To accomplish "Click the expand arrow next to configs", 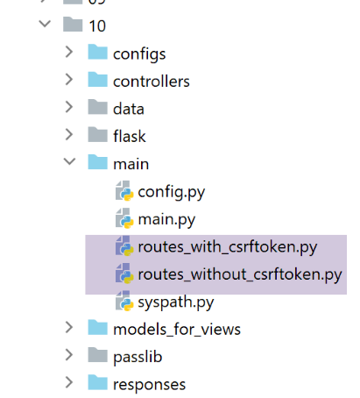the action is click(x=69, y=52).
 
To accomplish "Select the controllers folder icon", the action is click(x=97, y=80).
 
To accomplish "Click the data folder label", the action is click(x=129, y=109).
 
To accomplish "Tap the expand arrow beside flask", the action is click(x=69, y=134).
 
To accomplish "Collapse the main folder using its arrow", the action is click(x=69, y=161).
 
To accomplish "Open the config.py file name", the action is click(x=172, y=193).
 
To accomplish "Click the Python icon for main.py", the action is click(x=124, y=218).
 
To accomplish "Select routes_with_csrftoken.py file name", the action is click(x=228, y=247).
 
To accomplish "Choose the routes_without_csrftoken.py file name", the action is click(x=240, y=274).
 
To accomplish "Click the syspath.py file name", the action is click(x=176, y=302).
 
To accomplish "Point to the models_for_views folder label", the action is click(x=177, y=330).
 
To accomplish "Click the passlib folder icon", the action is click(x=97, y=355).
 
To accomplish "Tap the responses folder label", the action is click(x=149, y=385).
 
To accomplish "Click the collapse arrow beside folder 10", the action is click(x=45, y=24).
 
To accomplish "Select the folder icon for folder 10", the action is click(x=73, y=24).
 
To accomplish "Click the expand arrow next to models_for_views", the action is click(x=69, y=327).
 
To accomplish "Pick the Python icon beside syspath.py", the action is click(x=124, y=301).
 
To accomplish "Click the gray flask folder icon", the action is click(x=97, y=135).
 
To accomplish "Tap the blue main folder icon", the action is click(x=97, y=162).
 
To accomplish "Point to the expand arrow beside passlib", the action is click(x=69, y=355).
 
